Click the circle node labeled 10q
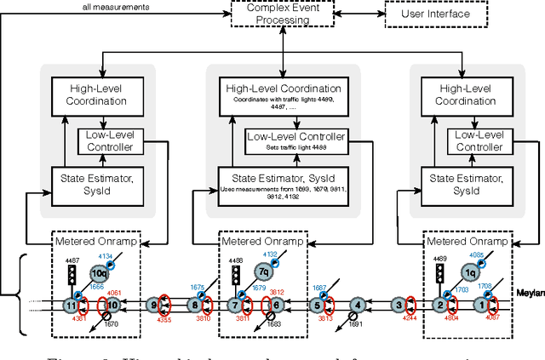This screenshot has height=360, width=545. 101,273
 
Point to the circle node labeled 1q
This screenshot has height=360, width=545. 470,272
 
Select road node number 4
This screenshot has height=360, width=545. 359,305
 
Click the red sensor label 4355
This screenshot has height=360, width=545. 163,321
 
